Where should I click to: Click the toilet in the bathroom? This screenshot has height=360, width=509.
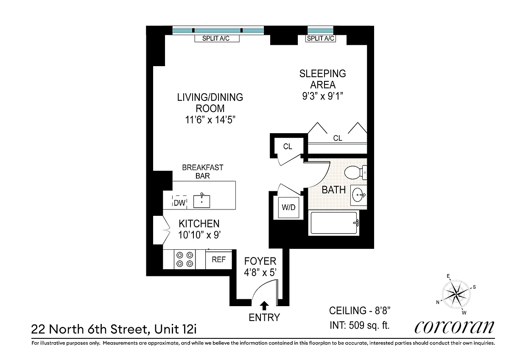(355, 173)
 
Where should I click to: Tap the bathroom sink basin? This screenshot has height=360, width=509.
(359, 195)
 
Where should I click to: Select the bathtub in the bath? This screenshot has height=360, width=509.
(333, 223)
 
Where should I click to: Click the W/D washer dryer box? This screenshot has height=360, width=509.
(288, 207)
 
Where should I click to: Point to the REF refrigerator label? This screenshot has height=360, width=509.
(218, 260)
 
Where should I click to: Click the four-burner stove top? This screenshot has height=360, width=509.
(185, 260)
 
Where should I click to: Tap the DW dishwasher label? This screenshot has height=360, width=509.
(179, 203)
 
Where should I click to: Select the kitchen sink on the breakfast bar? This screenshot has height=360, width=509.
(201, 201)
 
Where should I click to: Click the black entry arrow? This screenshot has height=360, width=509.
(264, 305)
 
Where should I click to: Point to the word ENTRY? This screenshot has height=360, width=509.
(264, 318)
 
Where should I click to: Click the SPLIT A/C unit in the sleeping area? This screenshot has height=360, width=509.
(320, 39)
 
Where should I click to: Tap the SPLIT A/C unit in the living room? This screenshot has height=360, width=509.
(217, 39)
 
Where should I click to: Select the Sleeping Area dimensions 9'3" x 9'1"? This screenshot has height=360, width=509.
(322, 96)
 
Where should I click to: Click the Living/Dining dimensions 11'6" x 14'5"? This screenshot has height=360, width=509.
(210, 120)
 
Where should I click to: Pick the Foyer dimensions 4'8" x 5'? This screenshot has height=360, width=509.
(260, 273)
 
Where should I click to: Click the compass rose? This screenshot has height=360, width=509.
(456, 294)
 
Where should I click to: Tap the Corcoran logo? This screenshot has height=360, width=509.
(454, 327)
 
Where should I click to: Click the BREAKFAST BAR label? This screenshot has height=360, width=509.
(203, 171)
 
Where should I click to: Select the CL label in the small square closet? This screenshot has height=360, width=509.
(288, 146)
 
